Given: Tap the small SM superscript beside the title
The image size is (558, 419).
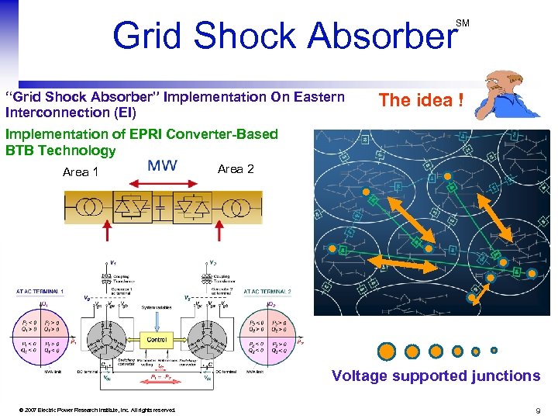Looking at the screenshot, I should pyautogui.click(x=462, y=23).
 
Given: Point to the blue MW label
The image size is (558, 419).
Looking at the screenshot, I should pyautogui.click(x=162, y=165).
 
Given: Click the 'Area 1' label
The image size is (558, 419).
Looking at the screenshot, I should pyautogui.click(x=81, y=171).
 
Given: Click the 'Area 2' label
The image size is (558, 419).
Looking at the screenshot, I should pyautogui.click(x=236, y=168).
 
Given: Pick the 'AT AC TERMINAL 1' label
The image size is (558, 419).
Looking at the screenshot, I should pyautogui.click(x=41, y=292).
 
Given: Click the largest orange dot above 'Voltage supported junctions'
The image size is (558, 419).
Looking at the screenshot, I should pyautogui.click(x=387, y=351).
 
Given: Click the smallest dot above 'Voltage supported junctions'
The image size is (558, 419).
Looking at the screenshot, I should pyautogui.click(x=494, y=351).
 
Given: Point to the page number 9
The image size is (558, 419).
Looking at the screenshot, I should pyautogui.click(x=537, y=410).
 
